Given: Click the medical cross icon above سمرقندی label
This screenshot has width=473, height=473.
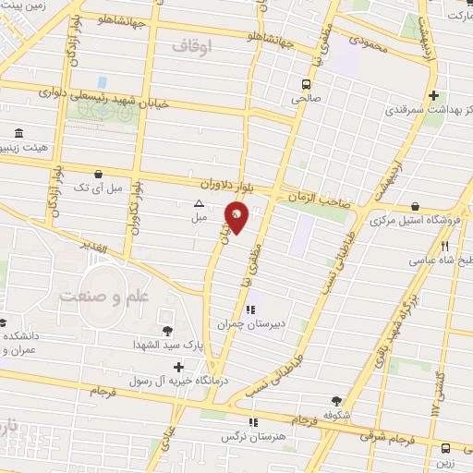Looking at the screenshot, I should (434, 95).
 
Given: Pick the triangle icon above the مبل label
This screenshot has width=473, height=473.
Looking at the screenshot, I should (198, 203).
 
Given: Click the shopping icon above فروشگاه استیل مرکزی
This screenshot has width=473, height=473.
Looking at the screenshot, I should (415, 206).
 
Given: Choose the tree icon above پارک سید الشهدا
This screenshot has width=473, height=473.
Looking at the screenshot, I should (166, 331).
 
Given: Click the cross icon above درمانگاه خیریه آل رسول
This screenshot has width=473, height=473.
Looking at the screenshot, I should (178, 367).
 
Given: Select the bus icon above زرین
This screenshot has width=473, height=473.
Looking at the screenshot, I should (447, 446).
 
